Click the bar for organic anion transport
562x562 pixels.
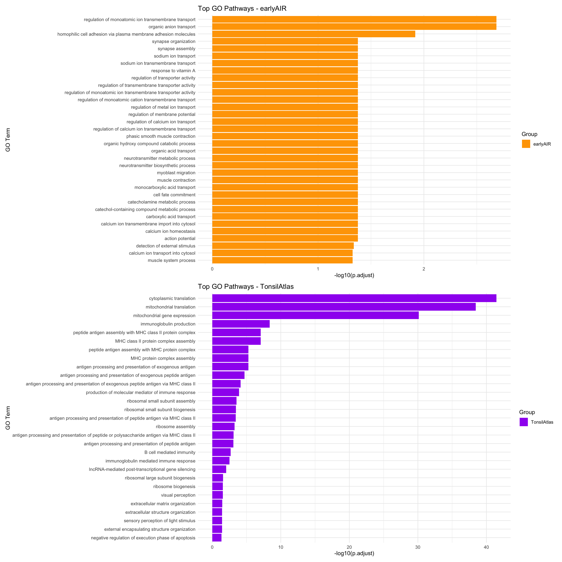pyautogui.click(x=354, y=27)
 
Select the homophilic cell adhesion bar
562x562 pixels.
pyautogui.click(x=314, y=34)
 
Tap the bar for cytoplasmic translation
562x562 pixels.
pyautogui.click(x=354, y=298)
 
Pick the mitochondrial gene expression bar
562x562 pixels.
pyautogui.click(x=315, y=315)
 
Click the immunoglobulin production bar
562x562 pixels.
pyautogui.click(x=241, y=324)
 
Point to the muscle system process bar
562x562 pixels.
pyautogui.click(x=282, y=260)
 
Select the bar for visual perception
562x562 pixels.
pyautogui.click(x=217, y=495)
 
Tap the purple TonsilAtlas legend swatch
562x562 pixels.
pyautogui.click(x=524, y=422)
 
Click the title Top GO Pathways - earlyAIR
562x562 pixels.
pyautogui.click(x=242, y=8)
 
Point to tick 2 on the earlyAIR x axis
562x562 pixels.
pyautogui.click(x=423, y=269)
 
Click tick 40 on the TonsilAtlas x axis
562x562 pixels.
pyautogui.click(x=486, y=547)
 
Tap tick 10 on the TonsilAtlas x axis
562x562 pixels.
pyautogui.click(x=281, y=547)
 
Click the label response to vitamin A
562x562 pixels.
pyautogui.click(x=173, y=71)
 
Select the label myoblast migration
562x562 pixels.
pyautogui.click(x=176, y=173)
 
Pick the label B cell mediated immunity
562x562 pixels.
pyautogui.click(x=170, y=452)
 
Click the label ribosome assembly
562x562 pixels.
pyautogui.click(x=175, y=427)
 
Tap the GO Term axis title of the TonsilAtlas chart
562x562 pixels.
pyautogui.click(x=8, y=418)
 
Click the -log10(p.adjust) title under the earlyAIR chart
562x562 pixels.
pyautogui.click(x=354, y=275)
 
